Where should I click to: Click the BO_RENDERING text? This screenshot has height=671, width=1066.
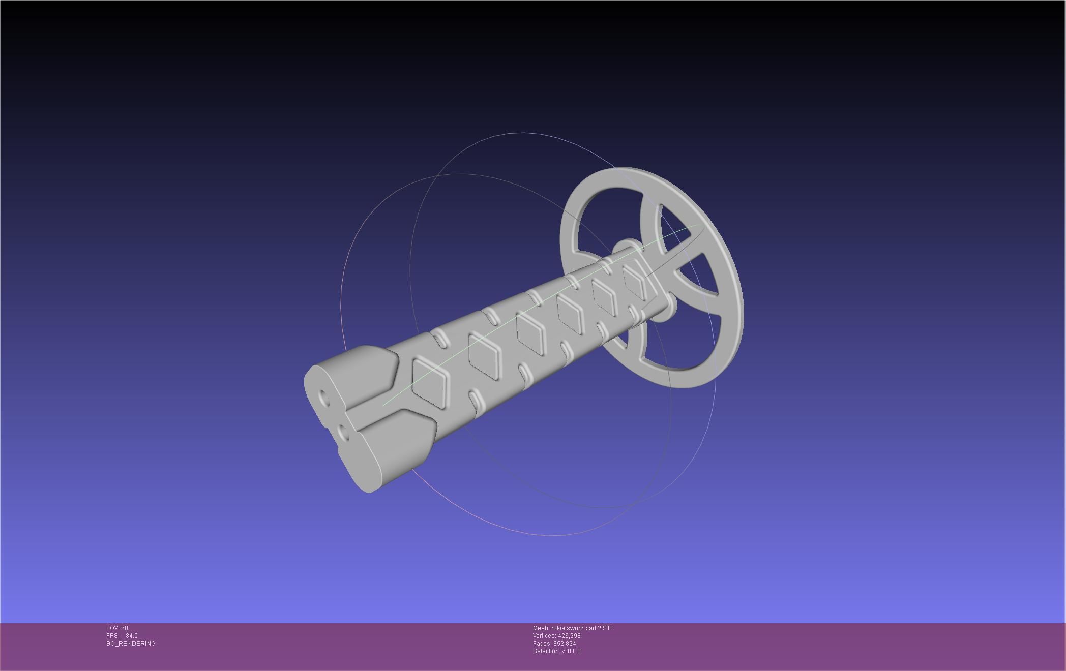pyautogui.click(x=131, y=644)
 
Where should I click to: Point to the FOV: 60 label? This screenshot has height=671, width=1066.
pyautogui.click(x=117, y=628)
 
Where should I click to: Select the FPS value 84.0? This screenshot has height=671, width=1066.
pyautogui.click(x=131, y=636)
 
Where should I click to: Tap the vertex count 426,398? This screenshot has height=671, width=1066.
pyautogui.click(x=569, y=636)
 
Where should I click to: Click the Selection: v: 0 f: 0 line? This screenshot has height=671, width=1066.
pyautogui.click(x=556, y=651)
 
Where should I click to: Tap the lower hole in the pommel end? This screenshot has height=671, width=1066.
pyautogui.click(x=344, y=433)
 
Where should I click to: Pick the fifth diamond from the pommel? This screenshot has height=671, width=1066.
pyautogui.click(x=605, y=296)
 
